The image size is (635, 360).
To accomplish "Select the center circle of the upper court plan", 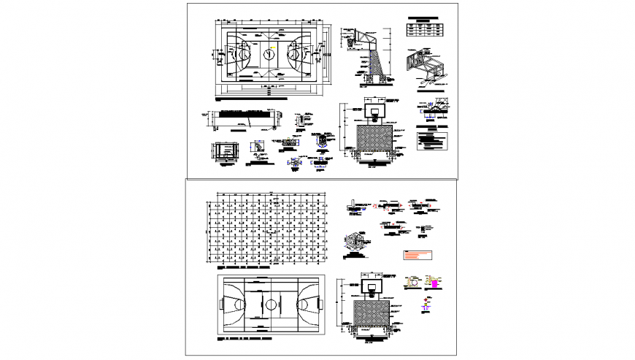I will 269,54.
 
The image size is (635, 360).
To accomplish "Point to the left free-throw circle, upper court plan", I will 242,54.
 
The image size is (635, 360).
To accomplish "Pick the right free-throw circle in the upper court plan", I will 296,54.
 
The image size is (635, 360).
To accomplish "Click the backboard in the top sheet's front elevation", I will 374,111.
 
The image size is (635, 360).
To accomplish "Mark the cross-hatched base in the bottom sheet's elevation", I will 374,312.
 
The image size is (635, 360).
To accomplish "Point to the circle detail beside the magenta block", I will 414,282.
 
